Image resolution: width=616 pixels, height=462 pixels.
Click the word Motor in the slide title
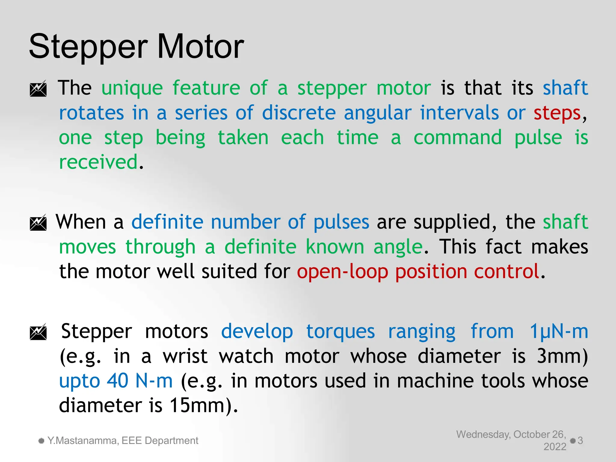(x=200, y=47)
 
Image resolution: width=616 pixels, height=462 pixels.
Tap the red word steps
(x=557, y=113)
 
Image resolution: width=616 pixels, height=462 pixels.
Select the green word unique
(x=132, y=88)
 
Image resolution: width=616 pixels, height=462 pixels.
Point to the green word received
(x=98, y=162)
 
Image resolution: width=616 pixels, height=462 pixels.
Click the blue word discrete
(x=299, y=113)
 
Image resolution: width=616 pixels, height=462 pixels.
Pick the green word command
(x=457, y=138)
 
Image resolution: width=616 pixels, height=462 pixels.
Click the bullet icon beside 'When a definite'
(x=38, y=223)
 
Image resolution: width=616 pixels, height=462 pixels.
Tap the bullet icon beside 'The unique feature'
(x=38, y=88)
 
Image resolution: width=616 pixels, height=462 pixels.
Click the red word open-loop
(x=342, y=272)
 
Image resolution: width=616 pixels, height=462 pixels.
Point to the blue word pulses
(x=341, y=223)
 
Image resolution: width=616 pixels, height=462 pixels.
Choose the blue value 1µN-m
(x=559, y=331)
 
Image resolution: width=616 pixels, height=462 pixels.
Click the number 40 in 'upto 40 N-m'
(x=118, y=381)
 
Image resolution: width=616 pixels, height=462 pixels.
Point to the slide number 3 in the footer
(x=580, y=441)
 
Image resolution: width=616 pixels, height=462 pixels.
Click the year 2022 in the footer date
(x=555, y=447)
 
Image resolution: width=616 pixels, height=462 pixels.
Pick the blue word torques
(x=340, y=331)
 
